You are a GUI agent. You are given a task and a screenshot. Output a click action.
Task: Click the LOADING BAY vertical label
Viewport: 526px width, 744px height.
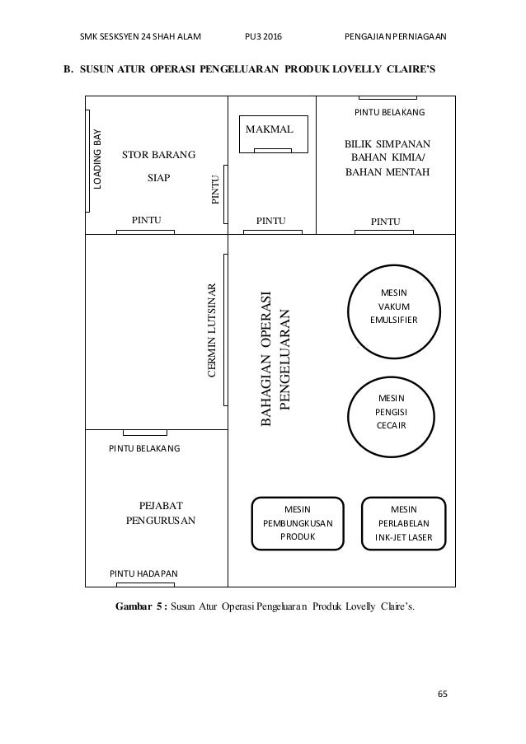point(97,161)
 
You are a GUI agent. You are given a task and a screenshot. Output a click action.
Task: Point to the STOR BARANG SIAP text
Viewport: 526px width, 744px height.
point(158,165)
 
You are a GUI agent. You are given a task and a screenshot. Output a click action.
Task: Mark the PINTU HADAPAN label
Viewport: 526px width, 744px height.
point(143,573)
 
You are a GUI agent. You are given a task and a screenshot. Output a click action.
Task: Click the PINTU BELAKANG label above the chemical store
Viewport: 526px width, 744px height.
point(389,110)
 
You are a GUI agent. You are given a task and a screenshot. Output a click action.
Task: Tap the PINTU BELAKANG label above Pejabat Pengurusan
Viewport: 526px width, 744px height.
point(144,448)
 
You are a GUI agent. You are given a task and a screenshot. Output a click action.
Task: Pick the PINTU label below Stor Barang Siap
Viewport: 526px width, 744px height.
point(146,219)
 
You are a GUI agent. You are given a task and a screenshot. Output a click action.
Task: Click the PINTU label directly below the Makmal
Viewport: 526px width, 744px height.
point(271,220)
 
